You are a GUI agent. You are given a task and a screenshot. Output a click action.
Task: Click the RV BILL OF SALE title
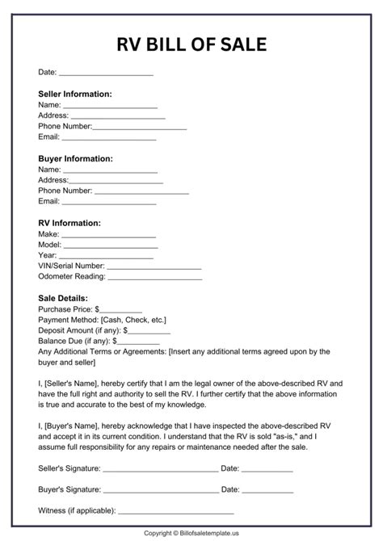pos(191,44)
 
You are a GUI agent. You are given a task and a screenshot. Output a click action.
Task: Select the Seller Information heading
pos(75,94)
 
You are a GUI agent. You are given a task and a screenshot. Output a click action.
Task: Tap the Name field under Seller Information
pos(110,105)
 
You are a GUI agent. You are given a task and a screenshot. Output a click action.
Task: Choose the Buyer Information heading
pos(75,159)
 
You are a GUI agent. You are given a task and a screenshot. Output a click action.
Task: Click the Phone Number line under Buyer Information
pos(141,191)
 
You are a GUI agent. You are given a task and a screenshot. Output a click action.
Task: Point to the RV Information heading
pos(69,223)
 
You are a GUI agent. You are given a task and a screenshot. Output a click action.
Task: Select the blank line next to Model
pos(110,244)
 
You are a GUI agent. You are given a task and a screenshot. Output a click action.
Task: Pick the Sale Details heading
pos(63,298)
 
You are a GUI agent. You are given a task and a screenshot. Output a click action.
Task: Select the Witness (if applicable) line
pos(176,511)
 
